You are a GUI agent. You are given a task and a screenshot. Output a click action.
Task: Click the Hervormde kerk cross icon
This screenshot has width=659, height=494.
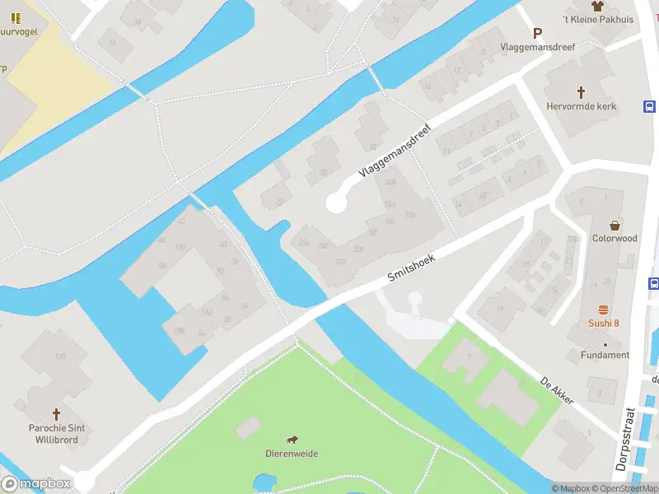pos(581,92)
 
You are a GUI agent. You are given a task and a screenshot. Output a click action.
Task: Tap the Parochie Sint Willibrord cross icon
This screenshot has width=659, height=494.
pos(57,414)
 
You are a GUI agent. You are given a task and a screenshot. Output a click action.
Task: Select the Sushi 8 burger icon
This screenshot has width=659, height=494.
pos(604,309)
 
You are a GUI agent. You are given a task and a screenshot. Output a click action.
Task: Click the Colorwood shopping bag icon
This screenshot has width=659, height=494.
pos(615,225)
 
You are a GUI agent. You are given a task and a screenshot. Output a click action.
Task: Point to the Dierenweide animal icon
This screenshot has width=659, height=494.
pos(292,440)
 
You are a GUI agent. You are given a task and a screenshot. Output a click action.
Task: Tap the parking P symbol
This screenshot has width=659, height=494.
pos(538,34)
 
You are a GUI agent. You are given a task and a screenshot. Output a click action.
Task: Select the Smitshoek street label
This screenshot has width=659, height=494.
pos(411,269)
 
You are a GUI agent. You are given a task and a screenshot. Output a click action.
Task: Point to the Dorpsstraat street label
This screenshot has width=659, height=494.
pos(630,440)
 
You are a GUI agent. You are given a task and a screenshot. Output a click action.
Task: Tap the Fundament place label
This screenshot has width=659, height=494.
pos(605,355)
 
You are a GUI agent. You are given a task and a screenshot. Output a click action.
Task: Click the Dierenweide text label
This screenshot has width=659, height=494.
pos(292,454)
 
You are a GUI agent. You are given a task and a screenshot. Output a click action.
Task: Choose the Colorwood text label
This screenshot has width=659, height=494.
pos(615,239)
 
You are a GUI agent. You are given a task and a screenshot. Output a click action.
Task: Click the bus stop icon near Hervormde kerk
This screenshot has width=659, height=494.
pos(649,107)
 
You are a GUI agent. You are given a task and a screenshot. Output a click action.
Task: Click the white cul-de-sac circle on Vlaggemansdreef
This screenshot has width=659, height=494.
pos(336,203)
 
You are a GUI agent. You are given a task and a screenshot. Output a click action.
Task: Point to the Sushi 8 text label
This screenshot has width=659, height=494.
pos(604,323)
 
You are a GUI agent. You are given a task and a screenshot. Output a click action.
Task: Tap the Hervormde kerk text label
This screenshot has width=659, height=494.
pos(581,106)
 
